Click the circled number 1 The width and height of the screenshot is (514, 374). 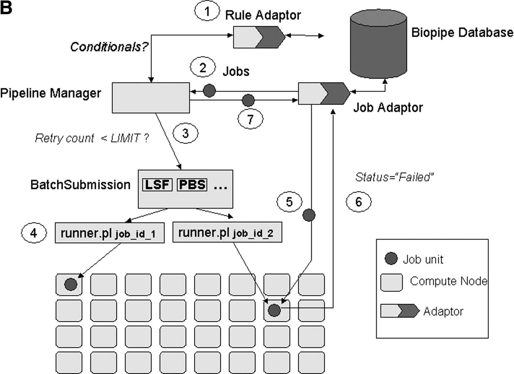tap(207, 12)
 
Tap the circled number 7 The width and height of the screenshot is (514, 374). tap(250, 119)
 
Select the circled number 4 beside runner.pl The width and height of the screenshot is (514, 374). tap(34, 233)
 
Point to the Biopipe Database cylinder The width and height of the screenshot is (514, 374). tap(378, 46)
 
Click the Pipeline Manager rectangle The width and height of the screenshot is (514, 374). tap(151, 98)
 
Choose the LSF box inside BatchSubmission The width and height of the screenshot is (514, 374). tap(157, 185)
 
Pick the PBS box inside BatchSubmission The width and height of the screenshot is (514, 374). tap(192, 185)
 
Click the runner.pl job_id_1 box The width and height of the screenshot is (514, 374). tap(110, 233)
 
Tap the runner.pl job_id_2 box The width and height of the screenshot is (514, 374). tap(227, 233)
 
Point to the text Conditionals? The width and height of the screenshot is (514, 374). tap(109, 47)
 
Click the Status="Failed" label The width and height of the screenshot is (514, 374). tap(394, 177)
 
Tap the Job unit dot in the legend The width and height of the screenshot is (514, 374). tap(391, 259)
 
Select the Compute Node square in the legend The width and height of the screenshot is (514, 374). tap(391, 282)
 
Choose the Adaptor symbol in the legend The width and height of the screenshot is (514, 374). tap(400, 311)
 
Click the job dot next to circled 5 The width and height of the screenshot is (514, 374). tap(309, 215)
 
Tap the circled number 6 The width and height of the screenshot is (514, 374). tap(359, 202)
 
